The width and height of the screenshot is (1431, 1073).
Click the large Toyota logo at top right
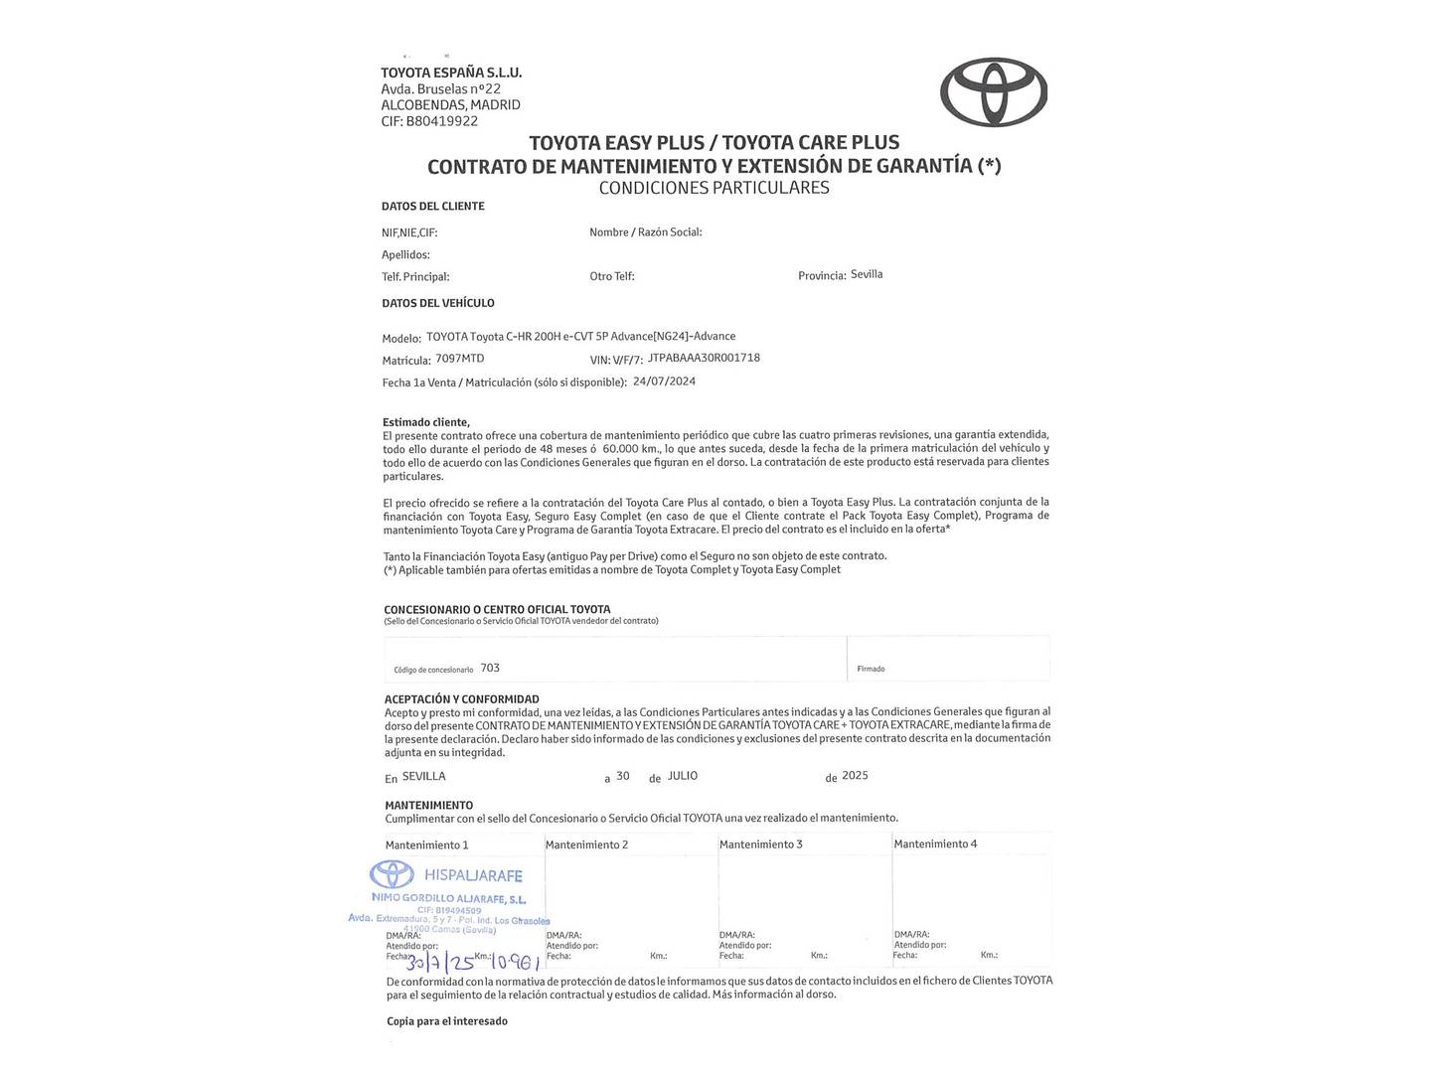point(994,91)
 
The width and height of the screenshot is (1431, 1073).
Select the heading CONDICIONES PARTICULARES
point(714,188)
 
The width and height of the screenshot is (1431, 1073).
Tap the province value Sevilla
point(867,274)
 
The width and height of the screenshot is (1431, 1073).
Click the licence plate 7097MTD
point(460,358)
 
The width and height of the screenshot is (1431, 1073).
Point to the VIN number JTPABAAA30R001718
point(704,358)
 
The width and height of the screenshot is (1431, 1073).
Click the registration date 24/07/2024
point(664,381)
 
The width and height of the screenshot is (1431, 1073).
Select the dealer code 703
point(490,668)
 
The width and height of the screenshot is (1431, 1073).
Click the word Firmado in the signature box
point(871,669)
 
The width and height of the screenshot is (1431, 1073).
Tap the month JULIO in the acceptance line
point(683,776)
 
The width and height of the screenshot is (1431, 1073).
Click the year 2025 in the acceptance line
point(855,776)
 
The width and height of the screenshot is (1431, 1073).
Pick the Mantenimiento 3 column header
point(761,844)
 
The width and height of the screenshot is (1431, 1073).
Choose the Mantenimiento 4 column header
point(935,843)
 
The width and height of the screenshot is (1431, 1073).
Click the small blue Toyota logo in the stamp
point(392,874)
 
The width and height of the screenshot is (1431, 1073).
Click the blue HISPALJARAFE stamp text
point(473,875)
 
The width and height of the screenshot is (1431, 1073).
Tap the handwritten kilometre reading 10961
point(515,962)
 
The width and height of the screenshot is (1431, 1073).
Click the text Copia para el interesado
point(447,1020)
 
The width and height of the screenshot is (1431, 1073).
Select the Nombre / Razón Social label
point(646,232)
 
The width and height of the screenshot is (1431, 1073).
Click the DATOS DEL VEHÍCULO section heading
point(438,303)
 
